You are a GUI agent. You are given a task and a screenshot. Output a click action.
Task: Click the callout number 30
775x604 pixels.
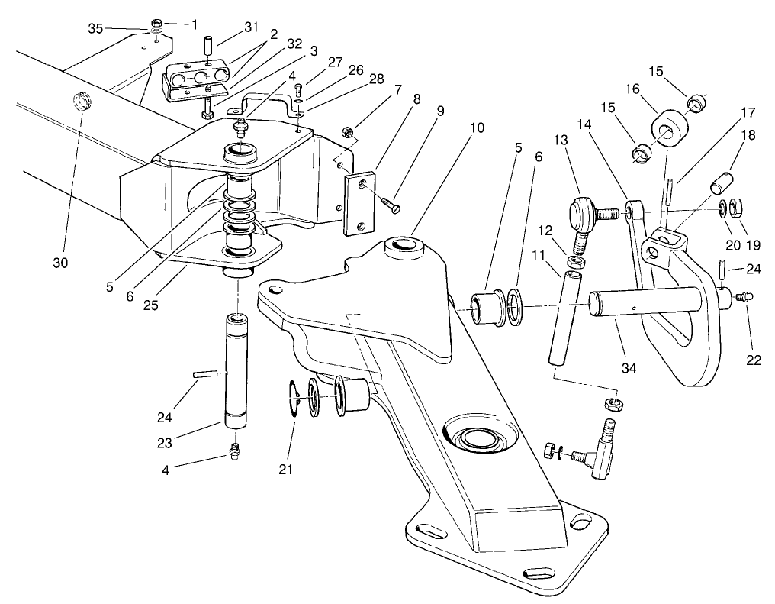click(x=60, y=263)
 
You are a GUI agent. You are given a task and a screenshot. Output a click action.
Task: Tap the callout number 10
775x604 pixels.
click(x=477, y=128)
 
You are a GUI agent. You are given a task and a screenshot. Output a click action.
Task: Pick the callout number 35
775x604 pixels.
click(x=95, y=28)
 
